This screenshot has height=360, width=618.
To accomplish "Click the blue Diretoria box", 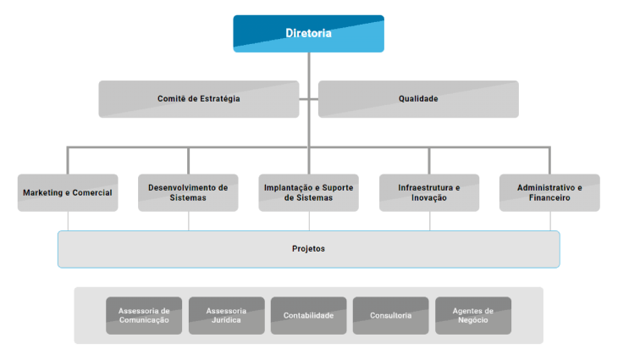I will [x=308, y=34].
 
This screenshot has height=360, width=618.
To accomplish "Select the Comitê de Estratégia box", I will [x=198, y=99].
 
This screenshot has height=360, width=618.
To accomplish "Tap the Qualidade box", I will [x=418, y=99].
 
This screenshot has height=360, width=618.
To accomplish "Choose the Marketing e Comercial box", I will [x=68, y=193].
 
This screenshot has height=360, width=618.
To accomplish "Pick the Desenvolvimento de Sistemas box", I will [x=188, y=193].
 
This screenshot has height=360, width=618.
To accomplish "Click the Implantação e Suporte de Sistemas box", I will [x=308, y=193].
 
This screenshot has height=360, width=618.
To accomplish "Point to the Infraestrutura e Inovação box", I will [x=429, y=193].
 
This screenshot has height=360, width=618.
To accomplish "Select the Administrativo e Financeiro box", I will [x=549, y=193].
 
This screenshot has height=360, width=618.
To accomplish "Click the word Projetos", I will [x=308, y=249].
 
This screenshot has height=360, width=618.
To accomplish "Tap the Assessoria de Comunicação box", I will [x=144, y=315].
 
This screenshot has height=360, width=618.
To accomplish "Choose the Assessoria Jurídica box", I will [x=226, y=315].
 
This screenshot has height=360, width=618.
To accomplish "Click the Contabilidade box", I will [x=308, y=315].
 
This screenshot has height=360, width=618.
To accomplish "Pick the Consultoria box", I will [x=390, y=315].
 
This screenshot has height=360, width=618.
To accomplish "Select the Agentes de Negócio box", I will [x=472, y=315].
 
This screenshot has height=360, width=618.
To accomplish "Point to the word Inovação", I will [x=428, y=198].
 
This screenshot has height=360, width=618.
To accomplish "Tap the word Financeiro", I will [x=549, y=198].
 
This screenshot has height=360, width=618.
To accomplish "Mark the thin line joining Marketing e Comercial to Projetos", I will [x=68, y=221].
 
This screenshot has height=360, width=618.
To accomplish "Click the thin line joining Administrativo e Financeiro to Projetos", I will [x=550, y=221].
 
